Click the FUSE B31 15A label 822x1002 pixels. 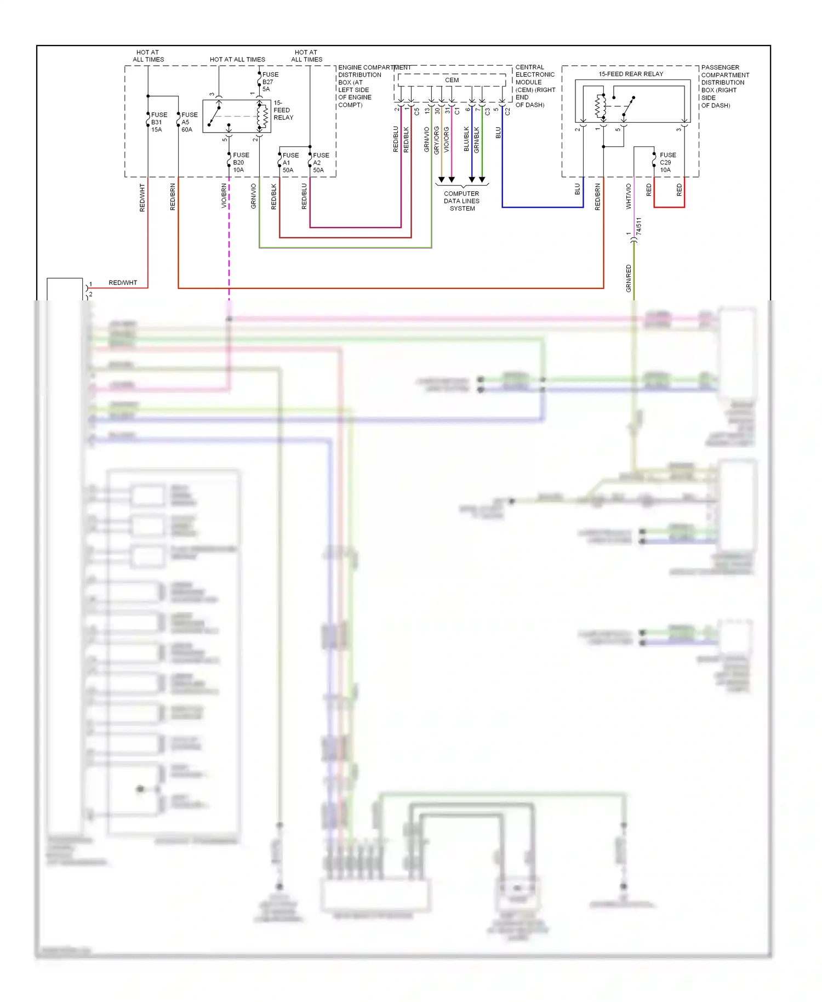tap(158, 122)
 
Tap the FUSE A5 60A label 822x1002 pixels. tap(189, 122)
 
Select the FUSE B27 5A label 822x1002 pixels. tap(270, 82)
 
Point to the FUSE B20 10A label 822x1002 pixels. tap(240, 162)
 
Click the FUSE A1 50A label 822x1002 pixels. tap(290, 163)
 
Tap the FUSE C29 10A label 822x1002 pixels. tap(667, 162)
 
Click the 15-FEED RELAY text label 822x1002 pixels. tap(283, 110)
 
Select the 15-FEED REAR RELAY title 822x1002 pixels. tap(630, 74)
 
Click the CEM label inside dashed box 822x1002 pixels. tap(452, 80)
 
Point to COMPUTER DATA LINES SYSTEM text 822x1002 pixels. tap(461, 201)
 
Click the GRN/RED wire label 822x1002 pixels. tap(629, 278)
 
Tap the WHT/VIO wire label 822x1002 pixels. tap(629, 196)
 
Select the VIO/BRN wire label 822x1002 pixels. tap(224, 196)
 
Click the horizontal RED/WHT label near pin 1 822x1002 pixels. tap(123, 283)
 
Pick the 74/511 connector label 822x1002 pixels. tap(638, 226)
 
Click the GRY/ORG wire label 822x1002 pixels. tap(436, 140)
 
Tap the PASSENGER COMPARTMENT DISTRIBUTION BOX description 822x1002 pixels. tap(724, 86)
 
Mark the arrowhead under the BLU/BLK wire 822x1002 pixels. tap(471, 180)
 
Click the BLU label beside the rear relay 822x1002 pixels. tap(577, 189)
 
